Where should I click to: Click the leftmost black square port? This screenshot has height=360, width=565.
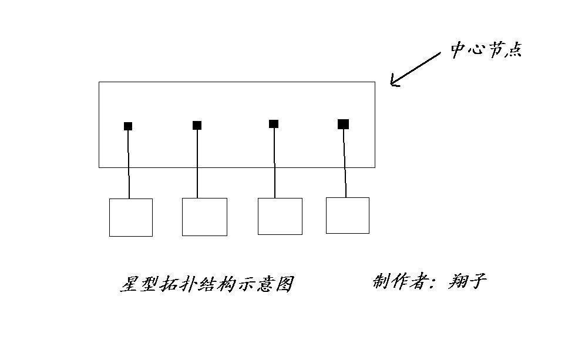pyautogui.click(x=128, y=126)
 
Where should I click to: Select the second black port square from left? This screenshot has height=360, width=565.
pyautogui.click(x=197, y=126)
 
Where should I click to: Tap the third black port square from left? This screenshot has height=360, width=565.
pyautogui.click(x=274, y=124)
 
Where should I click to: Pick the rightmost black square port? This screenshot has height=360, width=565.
pyautogui.click(x=343, y=124)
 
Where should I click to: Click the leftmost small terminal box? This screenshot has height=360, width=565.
pyautogui.click(x=131, y=217)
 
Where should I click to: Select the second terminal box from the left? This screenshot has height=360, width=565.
pyautogui.click(x=204, y=217)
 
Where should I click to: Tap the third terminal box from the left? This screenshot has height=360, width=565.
pyautogui.click(x=280, y=216)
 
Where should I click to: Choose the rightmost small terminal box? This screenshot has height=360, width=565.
pyautogui.click(x=348, y=216)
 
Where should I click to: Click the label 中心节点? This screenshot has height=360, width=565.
pyautogui.click(x=486, y=50)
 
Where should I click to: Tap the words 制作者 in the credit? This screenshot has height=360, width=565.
pyautogui.click(x=400, y=281)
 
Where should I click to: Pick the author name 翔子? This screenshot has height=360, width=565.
pyautogui.click(x=468, y=281)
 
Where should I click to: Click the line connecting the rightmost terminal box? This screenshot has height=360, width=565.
pyautogui.click(x=345, y=163)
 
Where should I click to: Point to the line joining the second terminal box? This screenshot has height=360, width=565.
pyautogui.click(x=197, y=164)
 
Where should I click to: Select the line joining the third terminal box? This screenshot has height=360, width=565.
pyautogui.click(x=274, y=163)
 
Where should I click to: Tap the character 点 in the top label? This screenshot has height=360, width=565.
pyautogui.click(x=513, y=50)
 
